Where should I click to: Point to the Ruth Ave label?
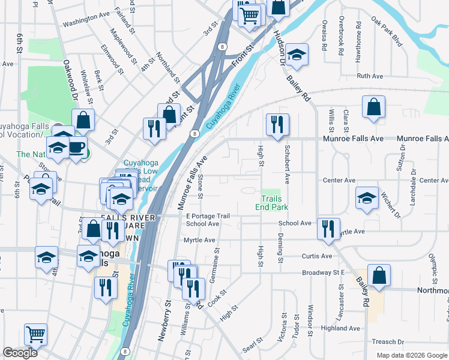[x=370, y=76]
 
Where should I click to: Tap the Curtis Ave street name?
[x=318, y=256]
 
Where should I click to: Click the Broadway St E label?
[x=325, y=272]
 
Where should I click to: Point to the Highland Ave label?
[x=340, y=328]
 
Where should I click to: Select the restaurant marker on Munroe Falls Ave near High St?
[x=277, y=125]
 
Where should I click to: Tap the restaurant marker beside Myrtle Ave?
[x=328, y=229]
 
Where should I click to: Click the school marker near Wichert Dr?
[x=367, y=199]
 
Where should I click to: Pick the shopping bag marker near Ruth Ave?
[x=374, y=107]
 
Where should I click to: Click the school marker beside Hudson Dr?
[x=297, y=55]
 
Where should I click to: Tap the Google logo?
[x=20, y=353]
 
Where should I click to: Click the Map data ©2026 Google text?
[x=412, y=355]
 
